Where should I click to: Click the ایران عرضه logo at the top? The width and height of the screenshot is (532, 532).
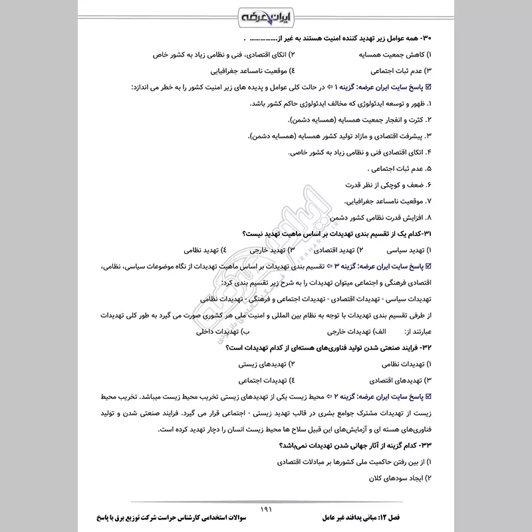click(266, 15)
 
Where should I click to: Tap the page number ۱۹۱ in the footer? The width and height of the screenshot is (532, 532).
click(267, 509)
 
